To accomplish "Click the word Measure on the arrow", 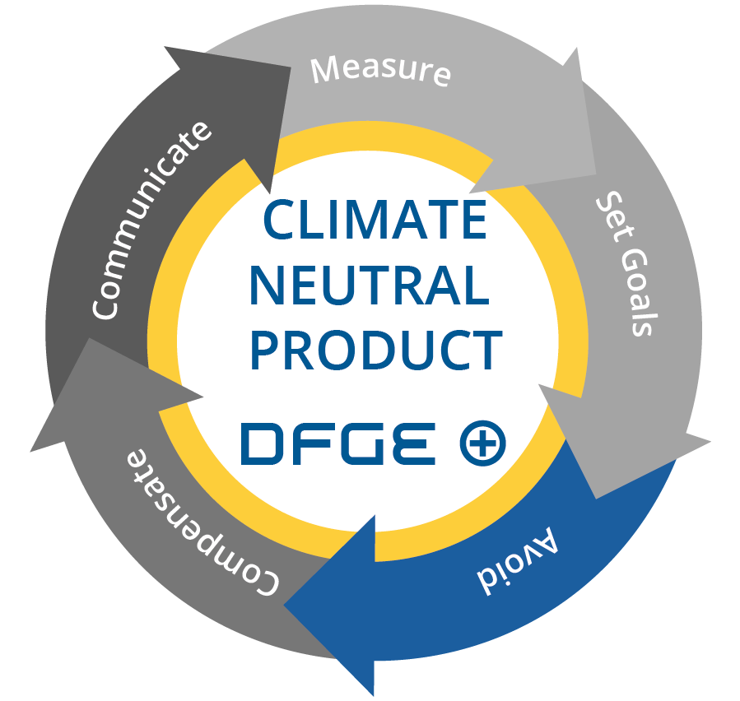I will tap(380, 70).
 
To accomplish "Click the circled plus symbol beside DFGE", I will tap(482, 443).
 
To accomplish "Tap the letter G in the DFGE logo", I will tap(366, 443).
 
